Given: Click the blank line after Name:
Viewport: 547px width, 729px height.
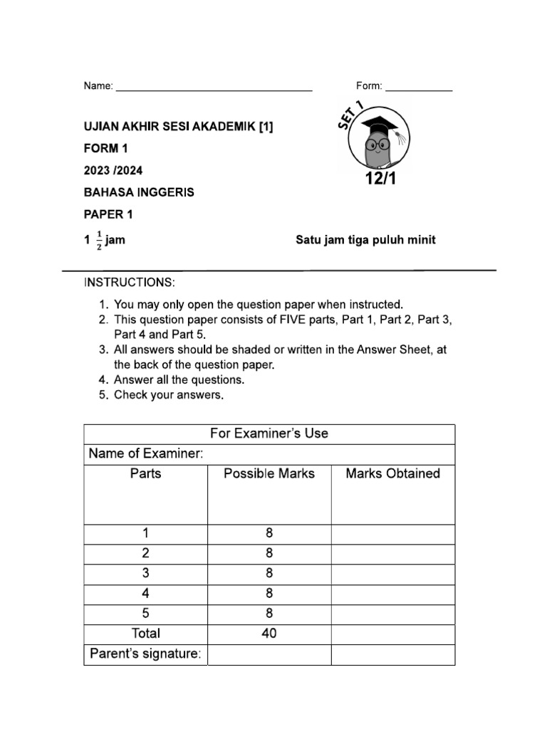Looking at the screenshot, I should tap(214, 88).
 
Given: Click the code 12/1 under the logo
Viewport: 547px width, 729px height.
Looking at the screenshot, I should tap(380, 179).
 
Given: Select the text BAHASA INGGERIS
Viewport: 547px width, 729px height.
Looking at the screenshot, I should tap(139, 192).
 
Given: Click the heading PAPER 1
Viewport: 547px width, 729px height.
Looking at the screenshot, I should tap(108, 214).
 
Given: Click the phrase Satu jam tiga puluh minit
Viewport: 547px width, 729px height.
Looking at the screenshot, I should tap(365, 240).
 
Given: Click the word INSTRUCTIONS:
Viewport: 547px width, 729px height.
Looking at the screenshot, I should tap(129, 283).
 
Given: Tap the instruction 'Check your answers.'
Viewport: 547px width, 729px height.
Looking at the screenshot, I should tap(169, 394).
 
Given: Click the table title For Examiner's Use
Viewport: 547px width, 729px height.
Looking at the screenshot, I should tap(269, 434).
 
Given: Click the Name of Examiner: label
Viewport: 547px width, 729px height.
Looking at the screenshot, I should tap(146, 454).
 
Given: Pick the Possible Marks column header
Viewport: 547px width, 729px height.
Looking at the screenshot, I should tap(269, 473).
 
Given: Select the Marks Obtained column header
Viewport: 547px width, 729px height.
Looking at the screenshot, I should tap(392, 473).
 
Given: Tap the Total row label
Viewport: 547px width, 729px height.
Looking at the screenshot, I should tap(146, 634).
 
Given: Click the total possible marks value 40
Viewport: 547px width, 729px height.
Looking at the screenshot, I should tap(269, 634).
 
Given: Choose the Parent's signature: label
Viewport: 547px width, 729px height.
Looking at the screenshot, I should tap(145, 654).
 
